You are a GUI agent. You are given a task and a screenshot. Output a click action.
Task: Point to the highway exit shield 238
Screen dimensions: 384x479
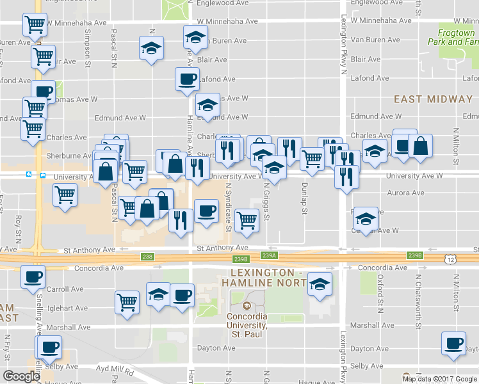click(147, 257)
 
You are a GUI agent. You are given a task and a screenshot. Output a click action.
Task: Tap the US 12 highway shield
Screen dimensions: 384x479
click(451, 258)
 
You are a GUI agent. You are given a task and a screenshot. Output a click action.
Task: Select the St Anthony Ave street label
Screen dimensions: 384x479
click(222, 248)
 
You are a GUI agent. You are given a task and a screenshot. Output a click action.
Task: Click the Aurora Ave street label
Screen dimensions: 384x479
click(405, 193)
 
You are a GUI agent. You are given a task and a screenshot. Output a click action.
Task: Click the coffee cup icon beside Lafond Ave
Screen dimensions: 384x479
click(187, 79)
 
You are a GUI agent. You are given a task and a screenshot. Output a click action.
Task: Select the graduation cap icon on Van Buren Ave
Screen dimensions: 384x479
click(196, 37)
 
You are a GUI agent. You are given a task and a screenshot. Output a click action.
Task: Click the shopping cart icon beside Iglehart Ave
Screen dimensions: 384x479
click(127, 301)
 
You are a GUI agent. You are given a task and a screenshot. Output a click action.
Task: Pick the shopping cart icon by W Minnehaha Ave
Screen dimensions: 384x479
click(34, 25)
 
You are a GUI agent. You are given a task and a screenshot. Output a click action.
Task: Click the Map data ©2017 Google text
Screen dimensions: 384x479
click(439, 378)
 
